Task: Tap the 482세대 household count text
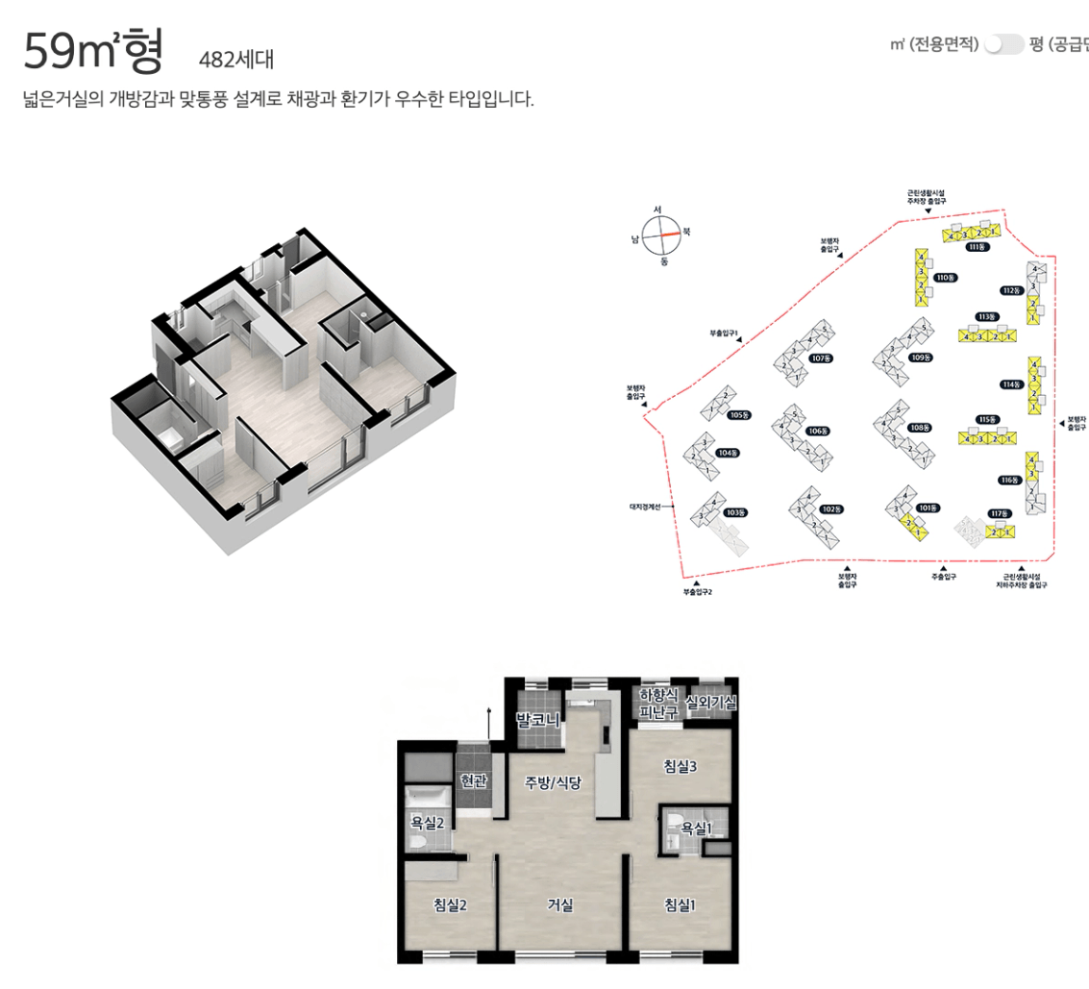[235, 60]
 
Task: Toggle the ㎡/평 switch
[1003, 44]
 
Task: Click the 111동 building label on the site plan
[977, 247]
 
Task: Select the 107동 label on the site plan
[820, 359]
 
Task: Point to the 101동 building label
[927, 507]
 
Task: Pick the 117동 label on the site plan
[1001, 513]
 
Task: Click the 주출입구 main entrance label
[943, 577]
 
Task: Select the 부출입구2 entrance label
[697, 592]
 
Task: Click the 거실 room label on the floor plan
[560, 904]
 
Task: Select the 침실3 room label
[680, 766]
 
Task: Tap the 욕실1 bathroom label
[697, 828]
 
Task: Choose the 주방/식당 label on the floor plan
[553, 782]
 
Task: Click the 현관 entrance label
[475, 781]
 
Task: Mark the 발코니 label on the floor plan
[538, 719]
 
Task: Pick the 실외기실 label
[711, 703]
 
